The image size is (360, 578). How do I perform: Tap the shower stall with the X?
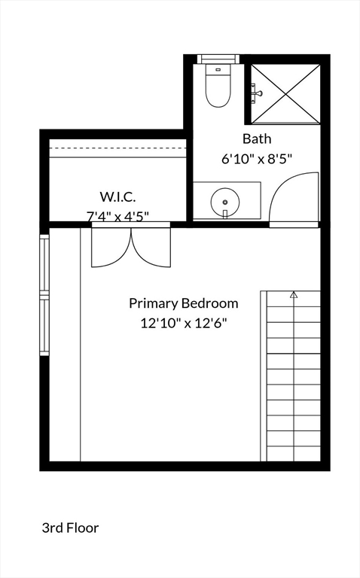285,93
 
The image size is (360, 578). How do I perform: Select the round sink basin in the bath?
225,201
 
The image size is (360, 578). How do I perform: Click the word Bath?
257,139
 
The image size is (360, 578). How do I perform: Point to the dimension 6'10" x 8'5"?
257,159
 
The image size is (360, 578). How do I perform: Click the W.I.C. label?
117,197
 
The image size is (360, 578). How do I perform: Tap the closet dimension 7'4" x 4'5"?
117,217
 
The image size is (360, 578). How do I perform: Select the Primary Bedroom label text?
184,303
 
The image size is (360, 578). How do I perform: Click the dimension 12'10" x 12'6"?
184,323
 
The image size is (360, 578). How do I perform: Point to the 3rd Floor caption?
70,528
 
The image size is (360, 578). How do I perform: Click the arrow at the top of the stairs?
294,295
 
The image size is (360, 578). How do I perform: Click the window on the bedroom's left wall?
44,295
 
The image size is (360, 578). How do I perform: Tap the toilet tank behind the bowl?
218,68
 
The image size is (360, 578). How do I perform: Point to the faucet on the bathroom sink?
225,214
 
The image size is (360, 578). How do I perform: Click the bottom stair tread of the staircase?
294,454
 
